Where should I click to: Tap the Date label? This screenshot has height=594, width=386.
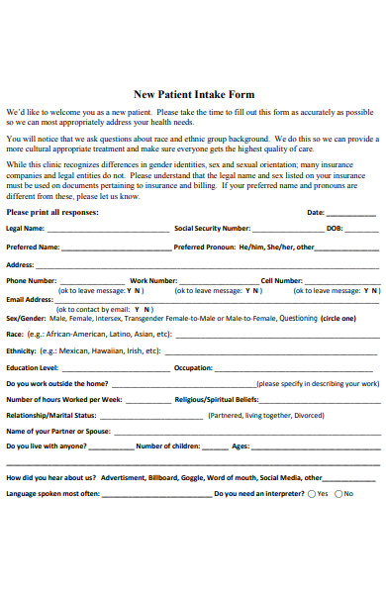(x=316, y=212)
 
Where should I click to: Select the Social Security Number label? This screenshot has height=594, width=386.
(x=212, y=228)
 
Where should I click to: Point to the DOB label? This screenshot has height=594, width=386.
(x=334, y=228)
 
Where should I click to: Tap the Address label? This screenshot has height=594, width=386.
(x=21, y=265)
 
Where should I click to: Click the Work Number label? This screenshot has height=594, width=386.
(x=152, y=280)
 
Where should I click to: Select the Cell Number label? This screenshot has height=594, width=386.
(x=281, y=280)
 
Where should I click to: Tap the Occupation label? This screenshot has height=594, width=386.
(x=192, y=366)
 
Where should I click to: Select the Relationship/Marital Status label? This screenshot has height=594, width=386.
(x=50, y=415)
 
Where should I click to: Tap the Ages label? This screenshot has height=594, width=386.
(x=241, y=446)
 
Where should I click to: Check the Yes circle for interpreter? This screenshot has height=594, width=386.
(x=312, y=493)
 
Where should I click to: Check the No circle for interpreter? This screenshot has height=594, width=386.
(x=338, y=493)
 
